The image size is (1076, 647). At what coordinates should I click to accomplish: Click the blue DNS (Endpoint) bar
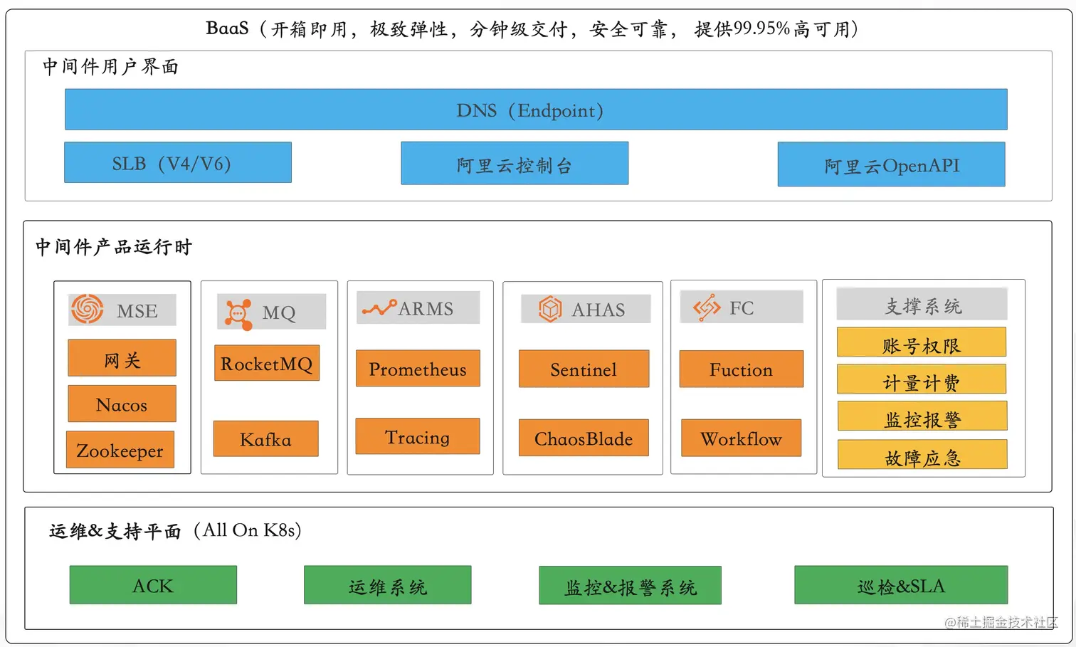click(536, 110)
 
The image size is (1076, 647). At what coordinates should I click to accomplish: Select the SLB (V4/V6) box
click(178, 163)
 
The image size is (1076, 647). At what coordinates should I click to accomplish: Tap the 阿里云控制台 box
click(515, 164)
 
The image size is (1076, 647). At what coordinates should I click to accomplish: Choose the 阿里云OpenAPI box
click(891, 164)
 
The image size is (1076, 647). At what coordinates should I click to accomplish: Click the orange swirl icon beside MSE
click(87, 310)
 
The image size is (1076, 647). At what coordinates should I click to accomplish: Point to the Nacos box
click(122, 404)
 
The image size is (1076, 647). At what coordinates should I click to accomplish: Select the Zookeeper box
click(120, 450)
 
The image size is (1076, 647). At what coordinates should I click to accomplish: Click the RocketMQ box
click(267, 363)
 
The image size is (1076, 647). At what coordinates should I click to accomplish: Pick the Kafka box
click(265, 438)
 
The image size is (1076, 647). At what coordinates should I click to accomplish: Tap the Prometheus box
click(418, 369)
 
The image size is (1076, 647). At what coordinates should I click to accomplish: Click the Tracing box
click(418, 436)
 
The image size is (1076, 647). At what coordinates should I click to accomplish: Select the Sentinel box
click(584, 369)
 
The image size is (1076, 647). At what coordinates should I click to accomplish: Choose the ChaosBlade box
click(584, 438)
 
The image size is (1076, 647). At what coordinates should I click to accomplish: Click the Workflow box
click(741, 438)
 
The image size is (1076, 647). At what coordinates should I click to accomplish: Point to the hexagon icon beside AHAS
click(550, 309)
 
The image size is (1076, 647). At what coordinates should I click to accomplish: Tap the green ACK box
click(153, 585)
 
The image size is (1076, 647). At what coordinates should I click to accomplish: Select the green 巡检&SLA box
click(901, 585)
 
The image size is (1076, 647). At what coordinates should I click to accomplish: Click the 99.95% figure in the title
click(761, 28)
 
